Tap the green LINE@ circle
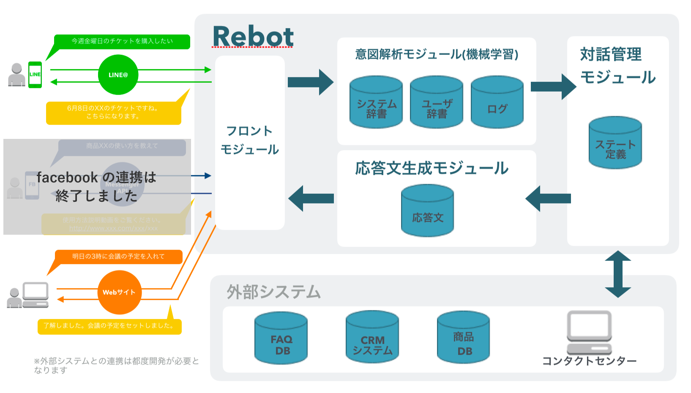[x=118, y=75]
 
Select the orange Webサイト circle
[x=119, y=292]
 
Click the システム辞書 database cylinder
[x=376, y=102]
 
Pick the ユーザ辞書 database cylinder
[x=437, y=102]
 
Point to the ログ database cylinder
[x=497, y=102]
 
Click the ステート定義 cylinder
[x=615, y=143]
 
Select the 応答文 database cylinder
[x=427, y=211]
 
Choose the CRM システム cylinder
[x=372, y=337]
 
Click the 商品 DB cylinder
[x=464, y=337]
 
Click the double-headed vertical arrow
[x=618, y=274]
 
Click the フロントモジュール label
[x=249, y=140]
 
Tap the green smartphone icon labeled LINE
[x=35, y=75]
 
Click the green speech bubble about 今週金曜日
[x=122, y=41]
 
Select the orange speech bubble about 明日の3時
[x=118, y=257]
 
